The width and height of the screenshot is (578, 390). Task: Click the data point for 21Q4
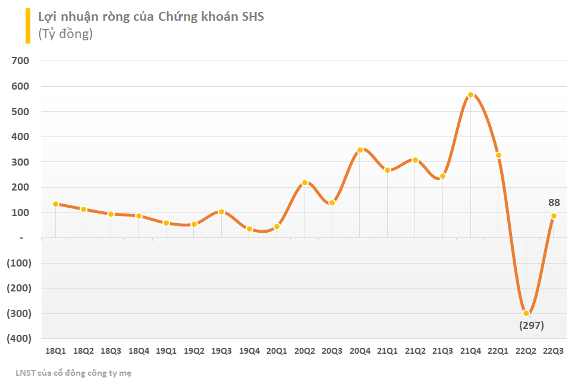point(470,94)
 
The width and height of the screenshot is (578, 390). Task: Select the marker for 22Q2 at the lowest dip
point(526,313)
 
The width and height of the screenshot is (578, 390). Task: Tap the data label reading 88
point(554,202)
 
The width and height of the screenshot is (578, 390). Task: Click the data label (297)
point(531,325)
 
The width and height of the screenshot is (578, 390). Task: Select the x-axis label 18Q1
point(56,351)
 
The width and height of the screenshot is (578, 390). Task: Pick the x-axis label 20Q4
point(360,351)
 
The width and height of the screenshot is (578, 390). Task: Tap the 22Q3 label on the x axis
point(554,351)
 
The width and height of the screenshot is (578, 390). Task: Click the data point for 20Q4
point(360,150)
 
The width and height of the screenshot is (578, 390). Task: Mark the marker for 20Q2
point(304,183)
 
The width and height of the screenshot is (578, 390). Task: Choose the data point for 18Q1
point(56,204)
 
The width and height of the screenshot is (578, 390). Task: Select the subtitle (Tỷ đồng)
point(65,34)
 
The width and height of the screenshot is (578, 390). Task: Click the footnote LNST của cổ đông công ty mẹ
point(74,373)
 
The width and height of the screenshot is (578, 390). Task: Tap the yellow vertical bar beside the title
point(27,26)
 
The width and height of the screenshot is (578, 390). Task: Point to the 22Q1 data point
point(498,155)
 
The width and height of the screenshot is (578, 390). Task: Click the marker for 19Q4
point(249,229)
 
